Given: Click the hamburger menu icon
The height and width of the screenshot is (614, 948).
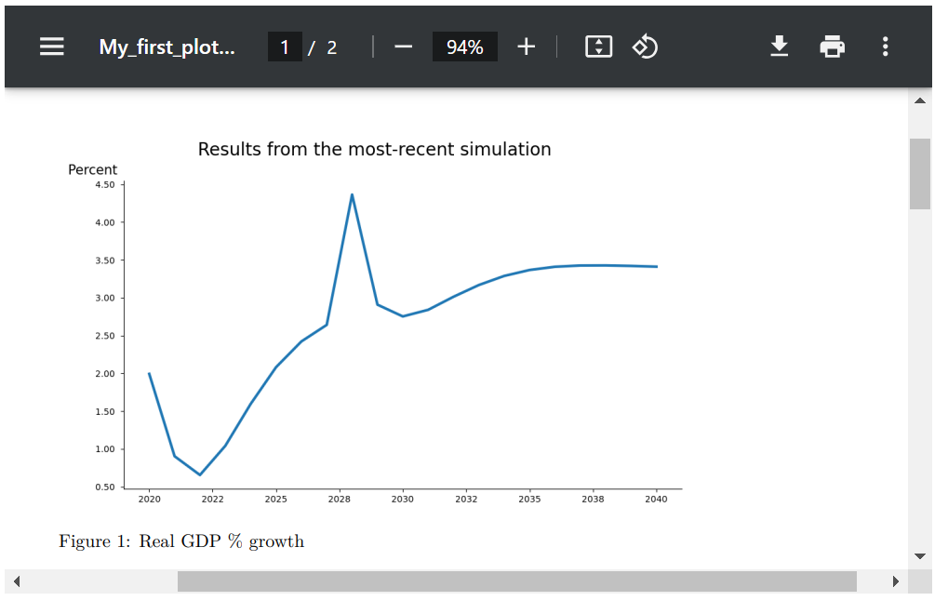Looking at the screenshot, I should tap(52, 47).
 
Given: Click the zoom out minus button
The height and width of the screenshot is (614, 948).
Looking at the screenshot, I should tap(403, 47).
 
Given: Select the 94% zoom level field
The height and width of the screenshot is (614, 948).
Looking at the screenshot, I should tap(464, 47).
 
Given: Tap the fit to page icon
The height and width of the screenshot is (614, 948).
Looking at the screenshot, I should tap(598, 47).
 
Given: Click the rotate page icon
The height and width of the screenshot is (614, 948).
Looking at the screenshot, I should tap(645, 47).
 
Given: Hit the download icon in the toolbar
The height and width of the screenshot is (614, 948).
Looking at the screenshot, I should tap(780, 47).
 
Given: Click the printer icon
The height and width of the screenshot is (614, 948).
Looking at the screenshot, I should tap(833, 47).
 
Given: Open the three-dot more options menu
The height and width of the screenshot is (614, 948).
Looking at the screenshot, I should tap(885, 47).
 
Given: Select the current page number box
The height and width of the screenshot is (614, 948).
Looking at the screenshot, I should tap(285, 47).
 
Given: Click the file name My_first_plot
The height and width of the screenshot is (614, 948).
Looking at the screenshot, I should tap(167, 47).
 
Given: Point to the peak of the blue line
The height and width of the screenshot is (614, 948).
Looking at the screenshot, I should tap(352, 194).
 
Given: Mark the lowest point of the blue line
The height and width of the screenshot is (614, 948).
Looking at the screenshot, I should tap(199, 474).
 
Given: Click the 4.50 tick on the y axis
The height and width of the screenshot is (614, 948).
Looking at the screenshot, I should tap(104, 185).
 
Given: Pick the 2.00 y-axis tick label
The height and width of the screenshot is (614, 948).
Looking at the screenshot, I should tap(104, 374).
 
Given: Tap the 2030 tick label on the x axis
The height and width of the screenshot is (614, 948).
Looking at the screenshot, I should tap(403, 500).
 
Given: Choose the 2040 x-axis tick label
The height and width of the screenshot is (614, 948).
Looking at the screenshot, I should tap(657, 500).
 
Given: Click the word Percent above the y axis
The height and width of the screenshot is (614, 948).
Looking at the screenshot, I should tap(93, 169).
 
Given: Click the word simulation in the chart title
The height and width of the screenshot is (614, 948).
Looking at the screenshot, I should tap(506, 149).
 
